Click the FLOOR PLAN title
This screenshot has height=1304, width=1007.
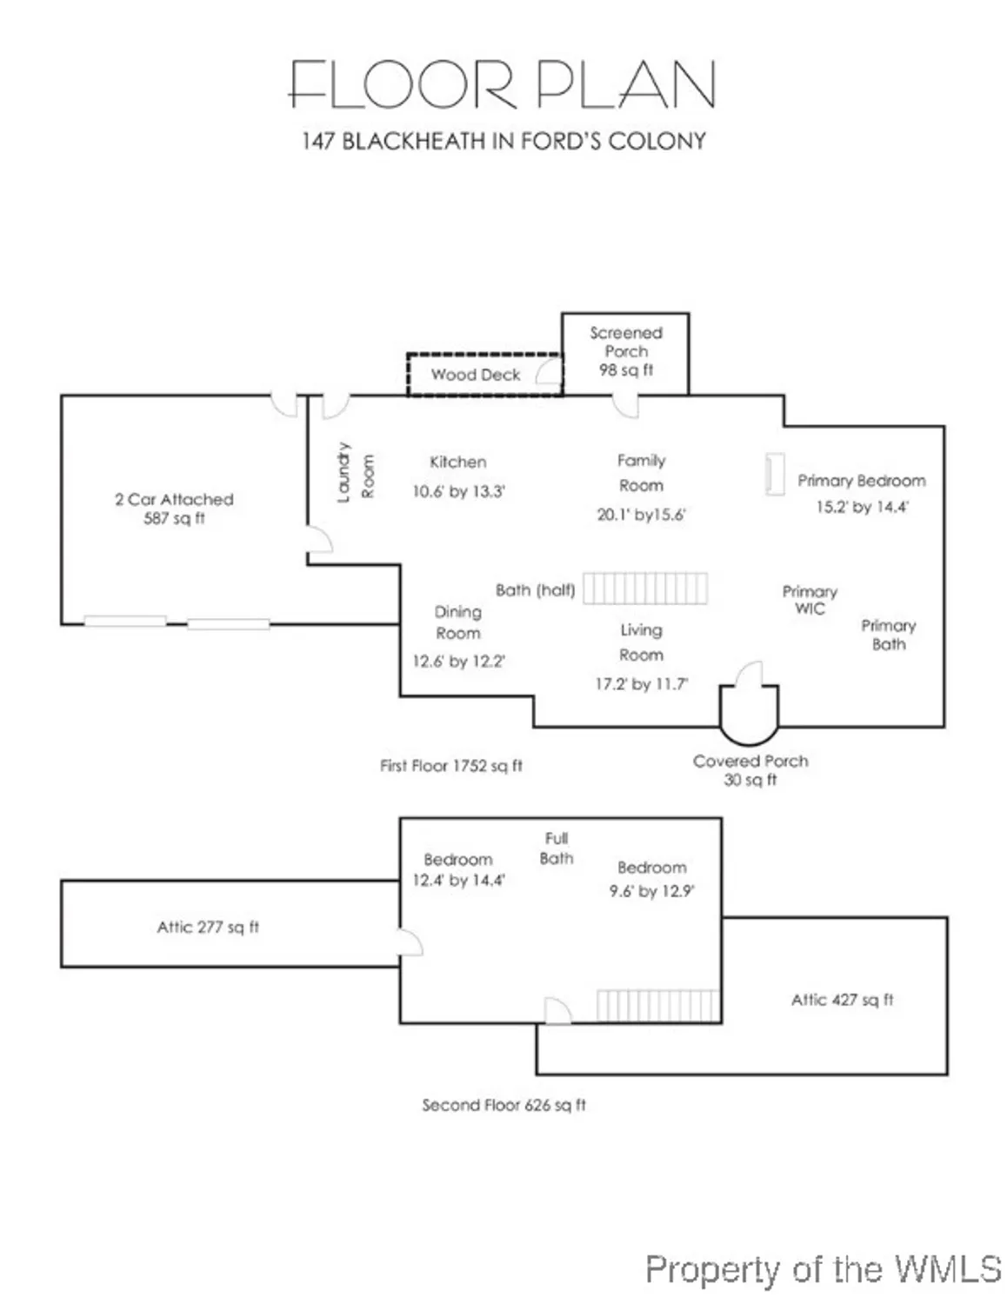click(x=502, y=85)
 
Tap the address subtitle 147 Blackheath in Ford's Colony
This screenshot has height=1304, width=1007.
click(x=504, y=141)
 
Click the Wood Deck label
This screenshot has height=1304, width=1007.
click(x=476, y=375)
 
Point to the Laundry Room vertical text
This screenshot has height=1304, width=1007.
click(x=355, y=474)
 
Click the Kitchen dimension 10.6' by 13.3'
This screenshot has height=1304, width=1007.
click(x=458, y=492)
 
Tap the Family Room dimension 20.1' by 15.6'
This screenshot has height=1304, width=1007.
click(x=641, y=515)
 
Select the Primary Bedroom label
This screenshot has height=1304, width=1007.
click(x=861, y=481)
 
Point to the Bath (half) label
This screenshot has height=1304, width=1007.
click(x=535, y=590)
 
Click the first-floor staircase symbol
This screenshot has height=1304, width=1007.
click(x=644, y=589)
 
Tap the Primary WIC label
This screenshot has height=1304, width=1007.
click(x=810, y=600)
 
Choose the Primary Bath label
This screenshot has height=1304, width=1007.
click(x=888, y=635)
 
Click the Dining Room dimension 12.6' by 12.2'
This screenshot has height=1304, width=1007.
click(x=458, y=662)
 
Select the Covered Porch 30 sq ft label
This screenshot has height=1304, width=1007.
click(x=750, y=770)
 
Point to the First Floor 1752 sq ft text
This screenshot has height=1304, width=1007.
click(x=451, y=766)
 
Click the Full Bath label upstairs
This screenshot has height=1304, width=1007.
click(x=556, y=848)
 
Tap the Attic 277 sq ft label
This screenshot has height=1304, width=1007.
click(x=208, y=928)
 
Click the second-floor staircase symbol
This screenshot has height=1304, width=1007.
click(x=658, y=1006)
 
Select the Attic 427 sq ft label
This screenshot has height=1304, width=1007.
click(x=842, y=1001)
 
